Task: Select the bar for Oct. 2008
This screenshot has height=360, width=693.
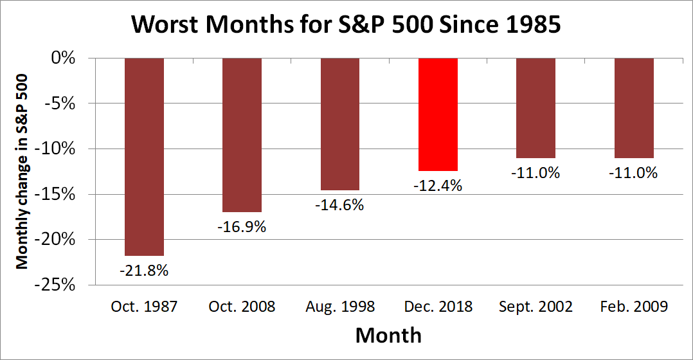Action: pos(242,135)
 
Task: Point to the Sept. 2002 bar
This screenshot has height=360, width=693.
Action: pos(535,108)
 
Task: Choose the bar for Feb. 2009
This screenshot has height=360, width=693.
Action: pos(634,108)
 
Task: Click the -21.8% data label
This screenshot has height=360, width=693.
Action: pos(144,271)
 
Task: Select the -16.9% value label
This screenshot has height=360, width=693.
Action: pos(242,227)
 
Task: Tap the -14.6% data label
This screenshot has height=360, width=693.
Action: pos(340,206)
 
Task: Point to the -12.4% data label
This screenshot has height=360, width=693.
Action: pos(438,186)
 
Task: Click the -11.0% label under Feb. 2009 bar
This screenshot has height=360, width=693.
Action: pos(634,173)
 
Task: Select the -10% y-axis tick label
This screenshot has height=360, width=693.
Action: pos(61,148)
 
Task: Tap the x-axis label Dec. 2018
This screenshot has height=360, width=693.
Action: pos(438,307)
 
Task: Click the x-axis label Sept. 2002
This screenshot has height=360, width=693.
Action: pos(535,307)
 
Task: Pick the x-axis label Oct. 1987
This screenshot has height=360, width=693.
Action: pos(144,307)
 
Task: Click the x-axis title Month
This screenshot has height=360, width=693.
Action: pos(388,335)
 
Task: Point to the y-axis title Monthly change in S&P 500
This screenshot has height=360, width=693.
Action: pos(22,171)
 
